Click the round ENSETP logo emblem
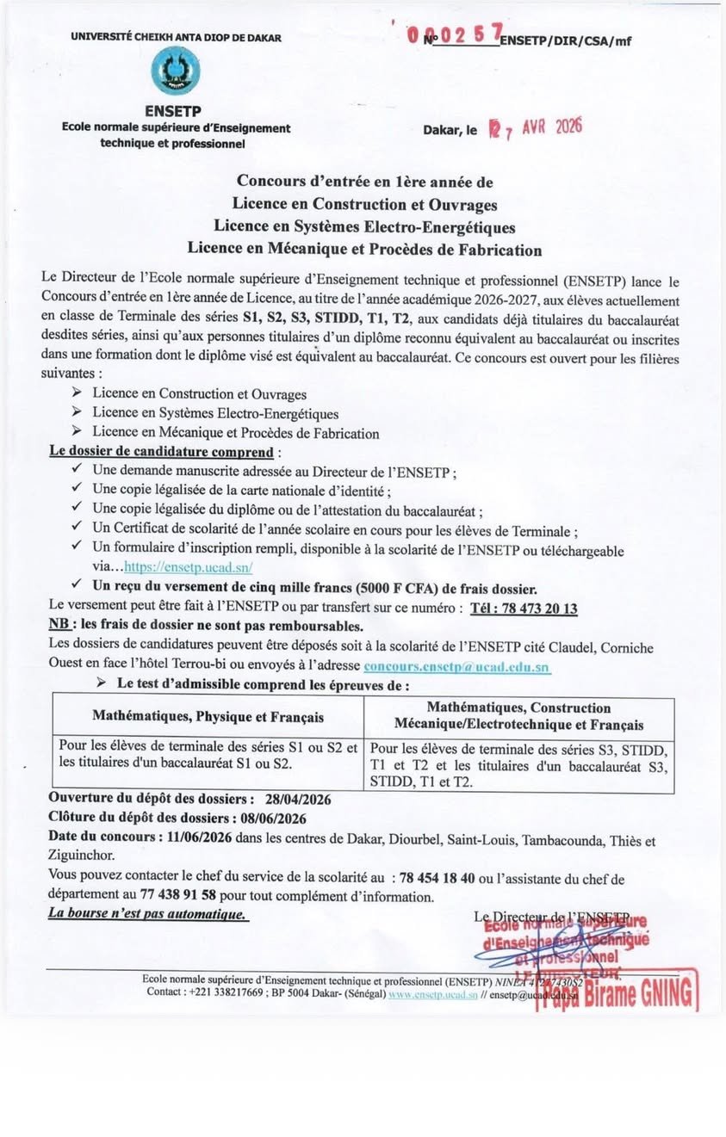click(x=175, y=72)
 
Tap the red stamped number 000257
click(x=456, y=34)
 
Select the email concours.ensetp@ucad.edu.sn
click(x=456, y=666)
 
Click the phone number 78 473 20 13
click(x=524, y=609)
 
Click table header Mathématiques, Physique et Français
click(x=208, y=716)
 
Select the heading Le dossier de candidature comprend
click(x=161, y=452)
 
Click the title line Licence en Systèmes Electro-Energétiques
click(x=364, y=227)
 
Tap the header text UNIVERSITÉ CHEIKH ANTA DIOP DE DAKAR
click(x=176, y=37)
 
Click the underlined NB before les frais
click(x=60, y=626)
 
